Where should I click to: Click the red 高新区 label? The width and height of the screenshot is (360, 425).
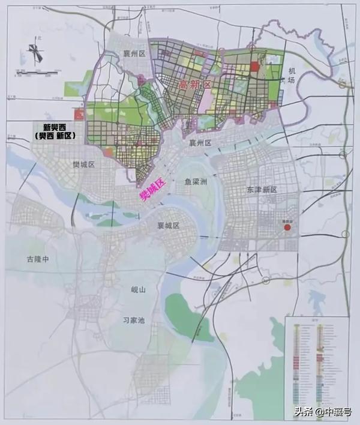pyautogui.click(x=196, y=85)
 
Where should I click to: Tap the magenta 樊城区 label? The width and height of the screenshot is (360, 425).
pyautogui.click(x=151, y=190)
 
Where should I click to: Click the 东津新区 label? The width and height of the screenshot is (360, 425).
pyautogui.click(x=262, y=189)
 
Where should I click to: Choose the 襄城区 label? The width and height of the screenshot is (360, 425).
pyautogui.click(x=169, y=225)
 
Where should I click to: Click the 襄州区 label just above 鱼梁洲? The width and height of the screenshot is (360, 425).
pyautogui.click(x=201, y=143)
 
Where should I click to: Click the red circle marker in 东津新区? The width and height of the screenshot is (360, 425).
pyautogui.click(x=287, y=228)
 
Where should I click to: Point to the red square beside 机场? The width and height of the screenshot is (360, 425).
pyautogui.click(x=254, y=67)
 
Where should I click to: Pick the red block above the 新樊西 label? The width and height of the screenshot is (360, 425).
pyautogui.click(x=77, y=115)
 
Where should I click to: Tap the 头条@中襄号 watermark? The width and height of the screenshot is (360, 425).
pyautogui.click(x=323, y=411)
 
